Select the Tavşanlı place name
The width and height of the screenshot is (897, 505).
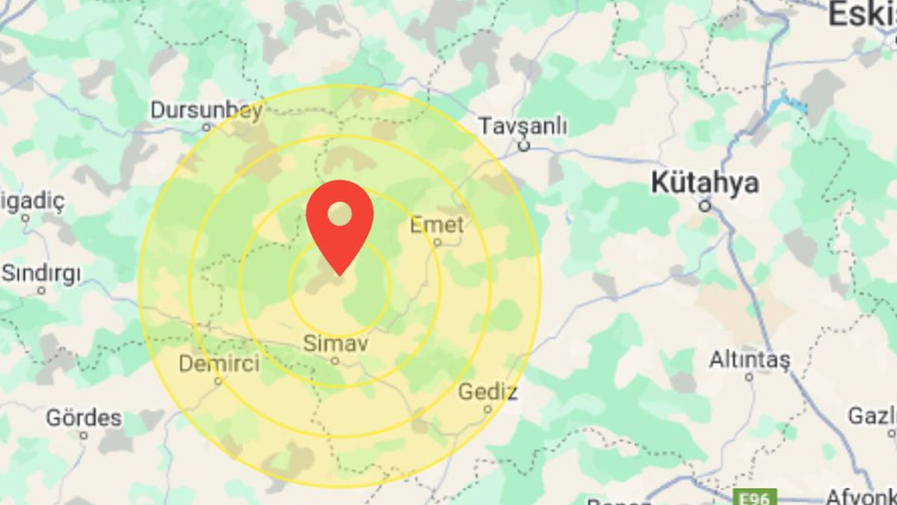pos(522,125)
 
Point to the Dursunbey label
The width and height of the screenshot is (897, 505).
pos(206,110)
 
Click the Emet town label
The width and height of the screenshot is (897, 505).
pos(437,224)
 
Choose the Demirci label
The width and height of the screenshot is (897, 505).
pos(219,364)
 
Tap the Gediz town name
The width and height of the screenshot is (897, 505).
pos(487,391)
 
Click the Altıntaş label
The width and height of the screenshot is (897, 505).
pos(749,361)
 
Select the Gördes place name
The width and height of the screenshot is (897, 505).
pos(84,417)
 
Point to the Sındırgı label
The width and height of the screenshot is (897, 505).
pos(40,274)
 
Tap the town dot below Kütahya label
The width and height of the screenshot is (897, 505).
pos(704,203)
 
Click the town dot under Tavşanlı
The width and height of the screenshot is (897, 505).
pos(524,146)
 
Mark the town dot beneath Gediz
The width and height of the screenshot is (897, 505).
pos(487,409)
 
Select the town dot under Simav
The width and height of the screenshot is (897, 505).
pos(336,361)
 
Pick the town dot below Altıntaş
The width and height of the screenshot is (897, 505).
pos(749,378)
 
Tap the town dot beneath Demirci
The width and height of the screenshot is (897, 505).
pos(218,381)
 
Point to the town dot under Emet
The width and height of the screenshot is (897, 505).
pos(438,242)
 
